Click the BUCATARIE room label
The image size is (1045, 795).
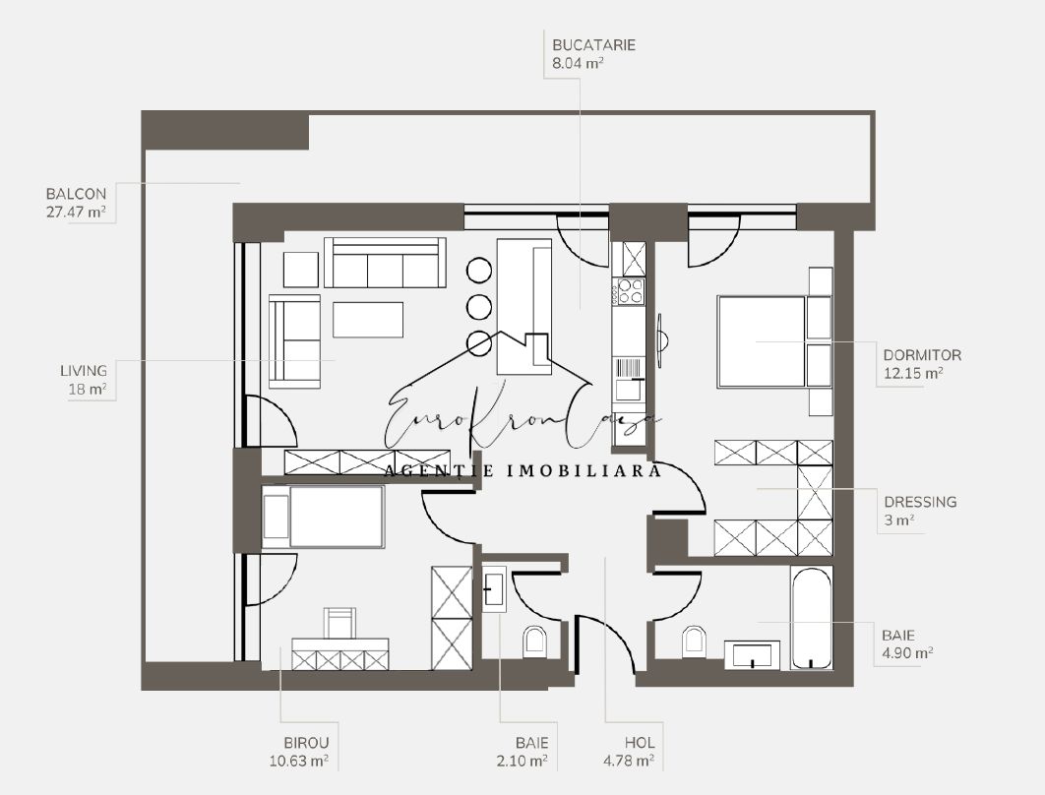pyautogui.click(x=593, y=45)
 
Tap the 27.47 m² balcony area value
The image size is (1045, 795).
pyautogui.click(x=77, y=214)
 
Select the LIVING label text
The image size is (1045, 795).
pyautogui.click(x=84, y=371)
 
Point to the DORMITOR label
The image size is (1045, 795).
pyautogui.click(x=922, y=355)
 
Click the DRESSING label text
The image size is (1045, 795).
pyautogui.click(x=920, y=502)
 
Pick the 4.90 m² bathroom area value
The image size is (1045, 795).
pyautogui.click(x=907, y=653)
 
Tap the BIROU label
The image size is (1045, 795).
pyautogui.click(x=307, y=742)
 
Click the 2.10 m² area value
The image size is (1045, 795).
pyautogui.click(x=522, y=761)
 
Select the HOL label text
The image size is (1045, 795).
pyautogui.click(x=640, y=742)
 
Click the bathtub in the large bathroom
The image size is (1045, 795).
pyautogui.click(x=811, y=618)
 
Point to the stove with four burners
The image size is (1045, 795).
pyautogui.click(x=631, y=291)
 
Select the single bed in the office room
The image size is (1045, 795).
pyautogui.click(x=324, y=517)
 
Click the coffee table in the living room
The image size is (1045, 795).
pyautogui.click(x=368, y=320)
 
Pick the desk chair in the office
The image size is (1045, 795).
pyautogui.click(x=339, y=623)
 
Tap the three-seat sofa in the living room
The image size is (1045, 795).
pyautogui.click(x=385, y=263)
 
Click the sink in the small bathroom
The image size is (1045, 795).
pyautogui.click(x=494, y=589)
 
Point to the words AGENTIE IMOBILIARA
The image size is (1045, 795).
pyautogui.click(x=523, y=471)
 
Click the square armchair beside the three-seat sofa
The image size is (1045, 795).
pyautogui.click(x=301, y=270)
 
